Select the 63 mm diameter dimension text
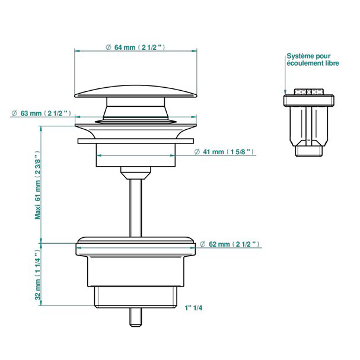44,113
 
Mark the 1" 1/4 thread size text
195,308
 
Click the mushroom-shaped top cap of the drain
136,91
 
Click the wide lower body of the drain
136,261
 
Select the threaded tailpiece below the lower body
136,295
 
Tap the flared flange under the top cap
136,126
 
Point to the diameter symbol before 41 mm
196,152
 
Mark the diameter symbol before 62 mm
203,244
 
